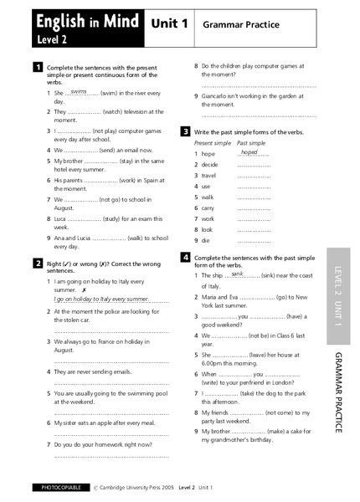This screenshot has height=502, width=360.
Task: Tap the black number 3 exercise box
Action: (x=185, y=131)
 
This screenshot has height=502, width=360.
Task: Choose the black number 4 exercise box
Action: (x=185, y=257)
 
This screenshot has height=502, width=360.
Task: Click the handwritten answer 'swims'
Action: (x=80, y=91)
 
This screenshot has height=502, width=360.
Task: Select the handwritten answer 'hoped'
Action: (x=249, y=152)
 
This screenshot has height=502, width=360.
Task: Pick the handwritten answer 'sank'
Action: (x=238, y=273)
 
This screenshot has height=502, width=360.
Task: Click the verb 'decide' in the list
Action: (x=209, y=165)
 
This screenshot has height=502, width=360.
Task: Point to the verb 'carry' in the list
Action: (x=208, y=207)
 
